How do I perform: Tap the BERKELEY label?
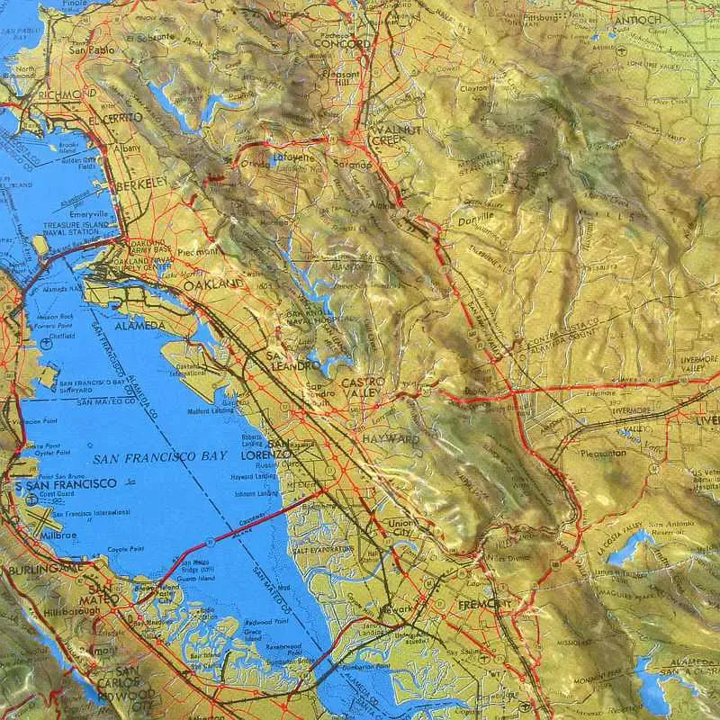point(141,183)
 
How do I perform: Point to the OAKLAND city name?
point(213,284)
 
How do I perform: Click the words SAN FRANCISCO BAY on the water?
point(159,457)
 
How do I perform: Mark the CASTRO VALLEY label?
point(363,389)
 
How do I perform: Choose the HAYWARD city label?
point(390,439)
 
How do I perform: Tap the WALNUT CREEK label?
point(396,136)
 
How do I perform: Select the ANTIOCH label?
point(636,19)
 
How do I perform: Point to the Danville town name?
point(475,218)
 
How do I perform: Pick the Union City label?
point(398,529)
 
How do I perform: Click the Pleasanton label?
point(602,454)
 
